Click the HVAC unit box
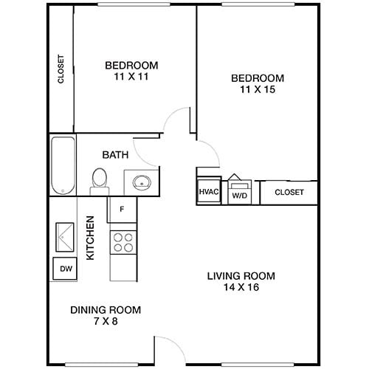(207, 192)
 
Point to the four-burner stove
(123, 243)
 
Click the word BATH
(115, 155)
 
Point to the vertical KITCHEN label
(91, 237)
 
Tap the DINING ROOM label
(105, 310)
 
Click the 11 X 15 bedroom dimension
(257, 90)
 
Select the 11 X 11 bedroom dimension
(131, 76)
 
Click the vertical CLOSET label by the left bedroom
(61, 71)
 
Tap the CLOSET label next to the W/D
(289, 193)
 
